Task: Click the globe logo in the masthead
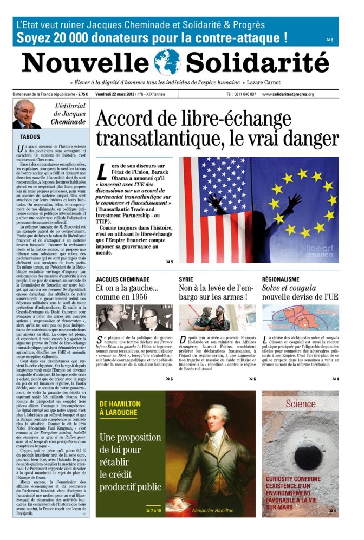pos(167,62)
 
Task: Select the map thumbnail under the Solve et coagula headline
pos(300,317)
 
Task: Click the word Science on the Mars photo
pos(301,404)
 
